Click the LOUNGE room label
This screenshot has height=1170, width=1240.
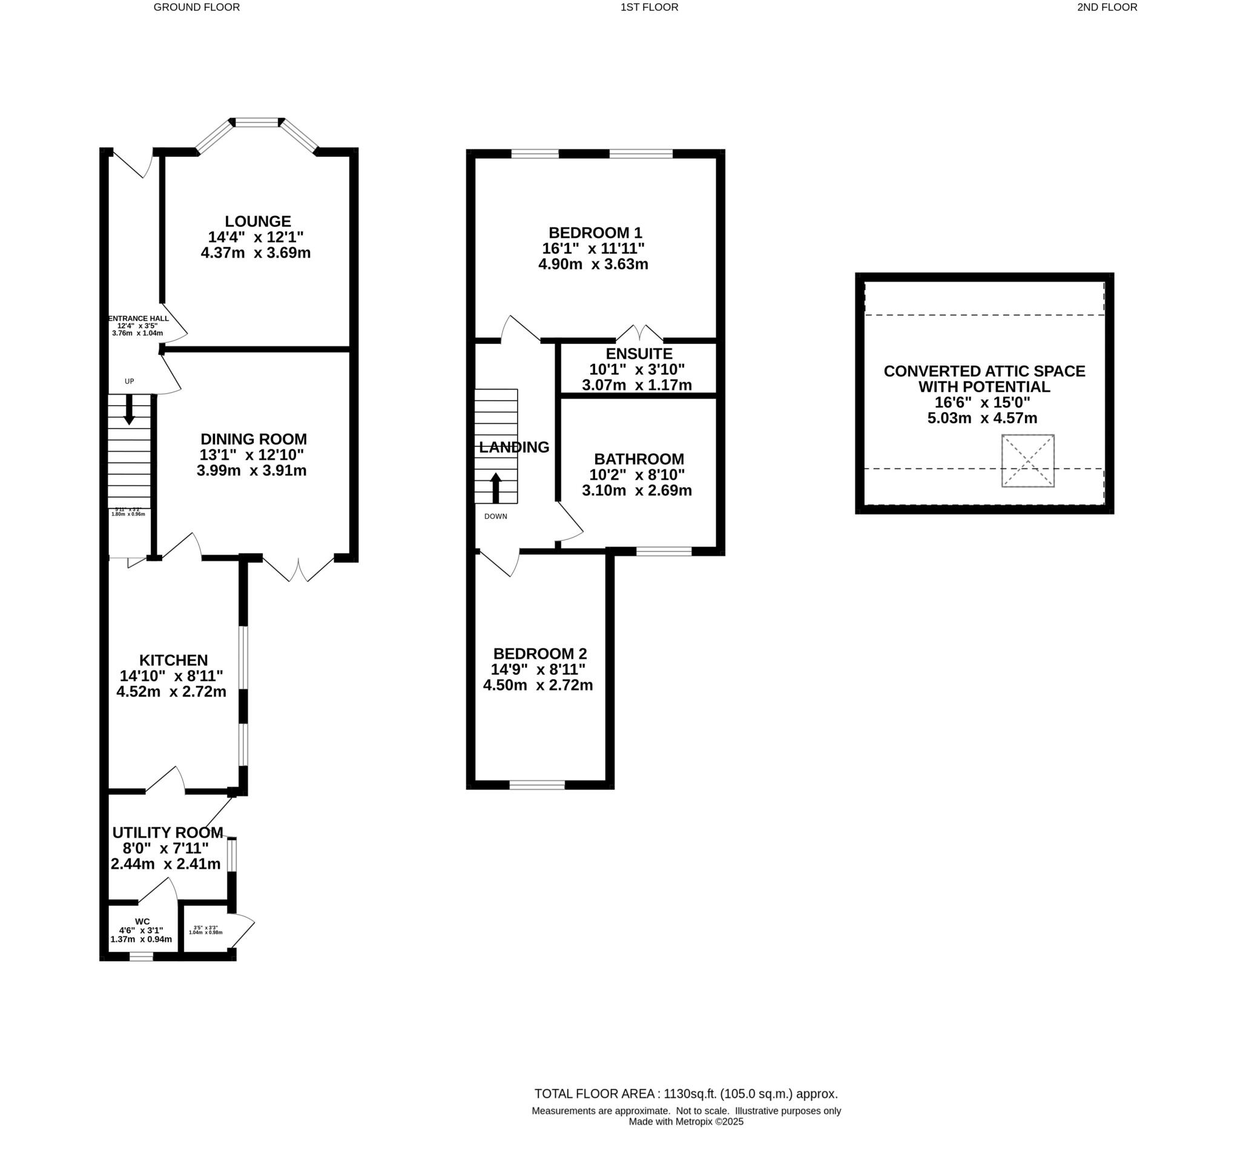(x=257, y=222)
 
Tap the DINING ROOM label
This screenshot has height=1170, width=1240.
(x=253, y=439)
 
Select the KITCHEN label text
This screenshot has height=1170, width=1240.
(x=173, y=660)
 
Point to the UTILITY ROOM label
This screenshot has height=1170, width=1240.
(x=167, y=833)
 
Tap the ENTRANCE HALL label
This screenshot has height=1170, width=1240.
(x=138, y=318)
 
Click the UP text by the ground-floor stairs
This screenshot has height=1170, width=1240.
(x=129, y=381)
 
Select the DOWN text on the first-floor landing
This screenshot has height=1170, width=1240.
(x=495, y=516)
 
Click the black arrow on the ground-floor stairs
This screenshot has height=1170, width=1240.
(x=129, y=410)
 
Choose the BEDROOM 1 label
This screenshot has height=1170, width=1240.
(x=595, y=232)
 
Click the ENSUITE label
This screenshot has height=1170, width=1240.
(x=639, y=353)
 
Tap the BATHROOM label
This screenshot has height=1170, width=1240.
(x=639, y=459)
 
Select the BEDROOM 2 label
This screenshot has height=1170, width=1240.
(x=539, y=654)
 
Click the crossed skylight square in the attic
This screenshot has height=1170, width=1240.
(x=1027, y=461)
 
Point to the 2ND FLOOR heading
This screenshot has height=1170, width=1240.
(x=1107, y=7)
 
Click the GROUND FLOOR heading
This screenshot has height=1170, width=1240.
(x=197, y=7)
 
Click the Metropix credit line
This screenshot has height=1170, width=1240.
(x=685, y=1122)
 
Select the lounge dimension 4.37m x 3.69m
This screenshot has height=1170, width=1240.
(x=256, y=253)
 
